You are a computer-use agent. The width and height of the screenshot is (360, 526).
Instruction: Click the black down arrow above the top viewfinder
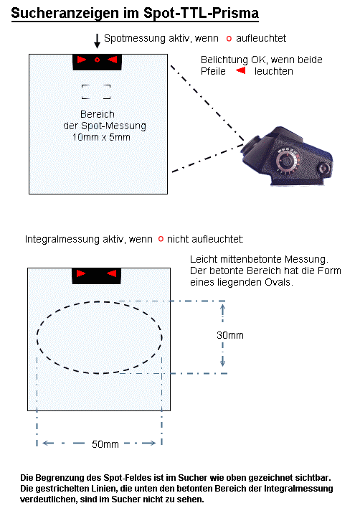coord(97,41)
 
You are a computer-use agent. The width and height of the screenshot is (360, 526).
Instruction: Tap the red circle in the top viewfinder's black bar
coord(98,60)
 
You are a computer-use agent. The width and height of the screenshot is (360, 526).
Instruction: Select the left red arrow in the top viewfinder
coord(82,60)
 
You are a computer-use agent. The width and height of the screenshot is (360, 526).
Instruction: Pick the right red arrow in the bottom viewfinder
coord(112,273)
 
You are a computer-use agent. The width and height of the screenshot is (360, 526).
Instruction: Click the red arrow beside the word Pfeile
coord(241,70)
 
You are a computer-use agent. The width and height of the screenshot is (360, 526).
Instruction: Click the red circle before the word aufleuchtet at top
coord(229,39)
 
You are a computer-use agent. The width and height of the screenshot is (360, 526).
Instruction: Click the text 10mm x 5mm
coord(101,137)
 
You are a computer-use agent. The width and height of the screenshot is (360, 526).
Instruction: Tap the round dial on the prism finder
coord(287,161)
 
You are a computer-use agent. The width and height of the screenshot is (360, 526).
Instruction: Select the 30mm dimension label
coord(230,335)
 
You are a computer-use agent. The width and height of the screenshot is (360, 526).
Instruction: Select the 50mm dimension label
coord(105,444)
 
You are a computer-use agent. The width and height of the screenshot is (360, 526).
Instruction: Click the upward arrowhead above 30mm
coord(222,307)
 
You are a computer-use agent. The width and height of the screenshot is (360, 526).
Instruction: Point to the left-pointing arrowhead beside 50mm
coord(47,443)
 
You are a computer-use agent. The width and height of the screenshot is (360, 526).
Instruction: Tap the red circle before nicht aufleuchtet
coord(161,239)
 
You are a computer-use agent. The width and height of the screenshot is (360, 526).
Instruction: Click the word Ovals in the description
coord(278,282)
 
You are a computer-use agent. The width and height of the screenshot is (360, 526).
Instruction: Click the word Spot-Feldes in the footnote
coord(123,478)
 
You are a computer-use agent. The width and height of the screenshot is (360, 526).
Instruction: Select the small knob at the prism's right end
coord(324,168)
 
